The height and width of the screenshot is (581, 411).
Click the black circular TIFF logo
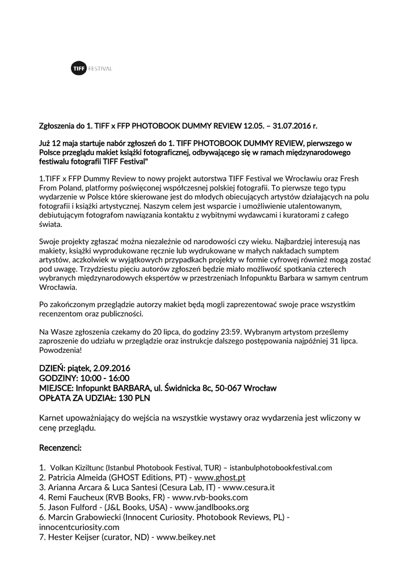(x=78, y=69)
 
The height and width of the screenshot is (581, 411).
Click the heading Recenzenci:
(x=61, y=448)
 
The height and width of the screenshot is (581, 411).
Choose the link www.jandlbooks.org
(x=213, y=507)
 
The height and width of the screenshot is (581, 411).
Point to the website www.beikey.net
(x=187, y=537)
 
